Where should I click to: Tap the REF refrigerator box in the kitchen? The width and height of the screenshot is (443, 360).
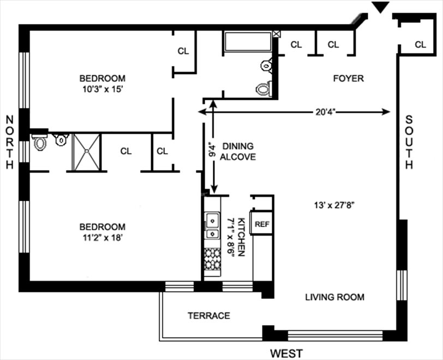(x=262, y=224)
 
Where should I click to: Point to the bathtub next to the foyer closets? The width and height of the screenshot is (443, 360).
(x=247, y=43)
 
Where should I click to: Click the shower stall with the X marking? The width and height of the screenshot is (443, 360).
(x=87, y=152)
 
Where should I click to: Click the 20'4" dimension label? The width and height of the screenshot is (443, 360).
(x=325, y=112)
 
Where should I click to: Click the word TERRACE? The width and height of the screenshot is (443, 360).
(x=208, y=315)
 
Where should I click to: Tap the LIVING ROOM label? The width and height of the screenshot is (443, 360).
(x=334, y=297)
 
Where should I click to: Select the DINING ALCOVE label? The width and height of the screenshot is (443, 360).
(x=238, y=152)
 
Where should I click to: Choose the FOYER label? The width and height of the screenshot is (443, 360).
(x=348, y=79)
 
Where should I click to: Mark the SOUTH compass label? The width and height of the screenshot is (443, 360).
(x=409, y=142)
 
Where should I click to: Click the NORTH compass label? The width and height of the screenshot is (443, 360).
(x=9, y=142)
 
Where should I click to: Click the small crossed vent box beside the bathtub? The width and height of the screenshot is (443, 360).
(x=277, y=34)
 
